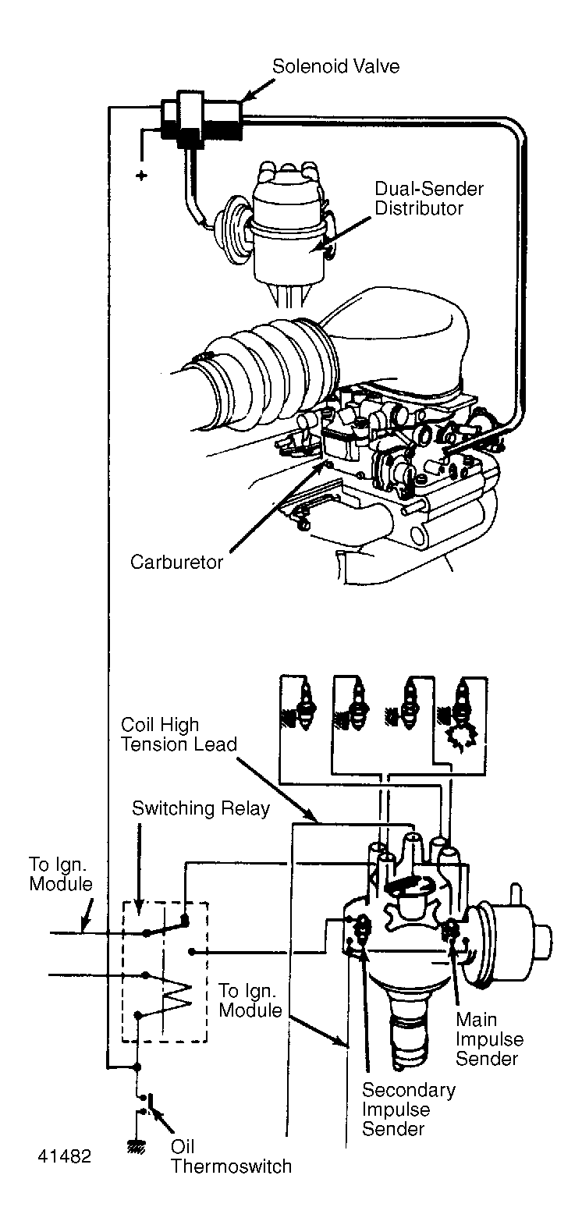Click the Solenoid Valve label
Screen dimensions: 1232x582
tap(335, 67)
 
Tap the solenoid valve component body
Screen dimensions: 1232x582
tap(201, 119)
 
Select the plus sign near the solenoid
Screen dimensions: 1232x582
tap(141, 176)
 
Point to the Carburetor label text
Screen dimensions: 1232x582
tap(176, 562)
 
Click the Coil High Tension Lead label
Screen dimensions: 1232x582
tap(179, 735)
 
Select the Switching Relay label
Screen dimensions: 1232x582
tap(201, 808)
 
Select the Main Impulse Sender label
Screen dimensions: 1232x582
tap(489, 1039)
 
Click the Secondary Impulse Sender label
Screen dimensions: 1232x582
tap(408, 1108)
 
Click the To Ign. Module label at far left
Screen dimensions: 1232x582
tap(60, 874)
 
